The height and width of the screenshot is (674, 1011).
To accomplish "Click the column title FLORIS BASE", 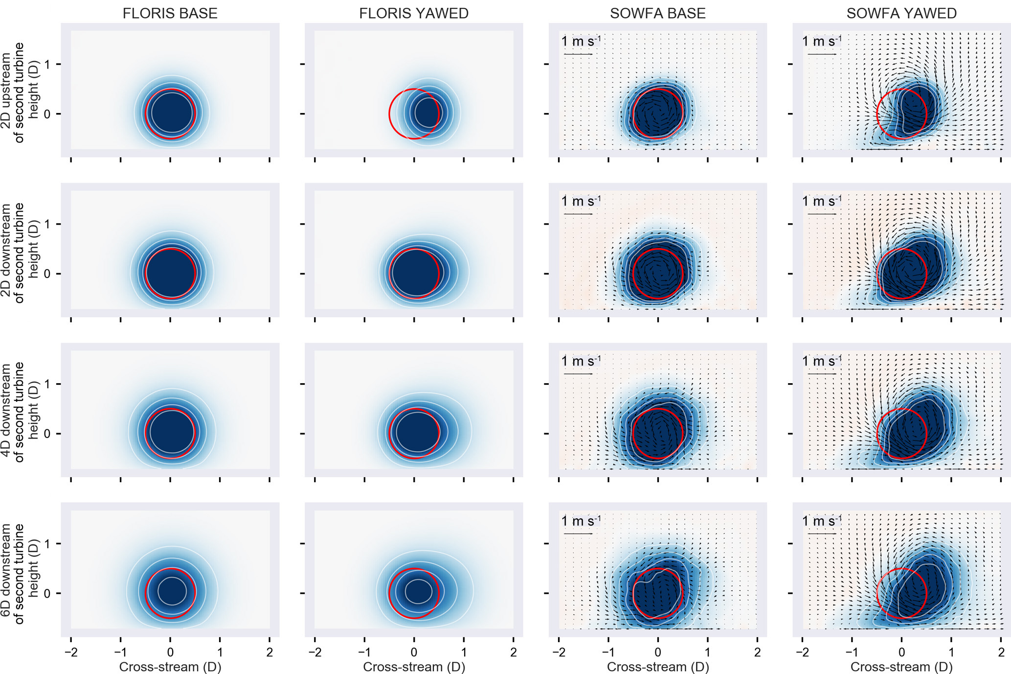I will click(x=170, y=13).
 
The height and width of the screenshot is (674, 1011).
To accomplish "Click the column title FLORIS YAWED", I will click(x=414, y=13).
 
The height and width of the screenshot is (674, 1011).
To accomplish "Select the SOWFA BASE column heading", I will click(x=657, y=13).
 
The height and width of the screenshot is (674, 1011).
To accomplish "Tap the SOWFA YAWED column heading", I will click(x=901, y=13).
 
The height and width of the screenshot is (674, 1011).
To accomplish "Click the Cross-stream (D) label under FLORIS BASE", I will click(x=170, y=666).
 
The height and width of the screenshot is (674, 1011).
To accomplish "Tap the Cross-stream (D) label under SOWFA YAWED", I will click(x=901, y=666).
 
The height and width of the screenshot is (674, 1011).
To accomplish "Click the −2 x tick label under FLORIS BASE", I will click(x=71, y=652).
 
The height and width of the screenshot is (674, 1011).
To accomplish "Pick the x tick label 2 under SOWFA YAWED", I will click(x=1001, y=652).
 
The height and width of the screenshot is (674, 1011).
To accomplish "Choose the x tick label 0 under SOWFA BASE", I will click(x=658, y=652).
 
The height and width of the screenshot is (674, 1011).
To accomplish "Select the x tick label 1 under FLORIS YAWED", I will click(x=464, y=652).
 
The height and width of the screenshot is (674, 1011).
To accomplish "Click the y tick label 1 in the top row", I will click(x=47, y=64).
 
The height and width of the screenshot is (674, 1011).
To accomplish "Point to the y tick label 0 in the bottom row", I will click(x=47, y=594).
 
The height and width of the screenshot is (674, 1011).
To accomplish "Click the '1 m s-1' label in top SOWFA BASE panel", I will click(x=581, y=41).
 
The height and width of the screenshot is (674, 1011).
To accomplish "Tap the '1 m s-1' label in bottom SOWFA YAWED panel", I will click(x=822, y=521).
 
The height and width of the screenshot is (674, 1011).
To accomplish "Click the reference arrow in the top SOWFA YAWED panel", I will click(x=822, y=54).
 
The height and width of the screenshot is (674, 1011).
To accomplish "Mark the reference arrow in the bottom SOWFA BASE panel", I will click(x=578, y=534).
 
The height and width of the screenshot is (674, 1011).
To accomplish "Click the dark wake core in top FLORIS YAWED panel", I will click(x=428, y=113).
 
